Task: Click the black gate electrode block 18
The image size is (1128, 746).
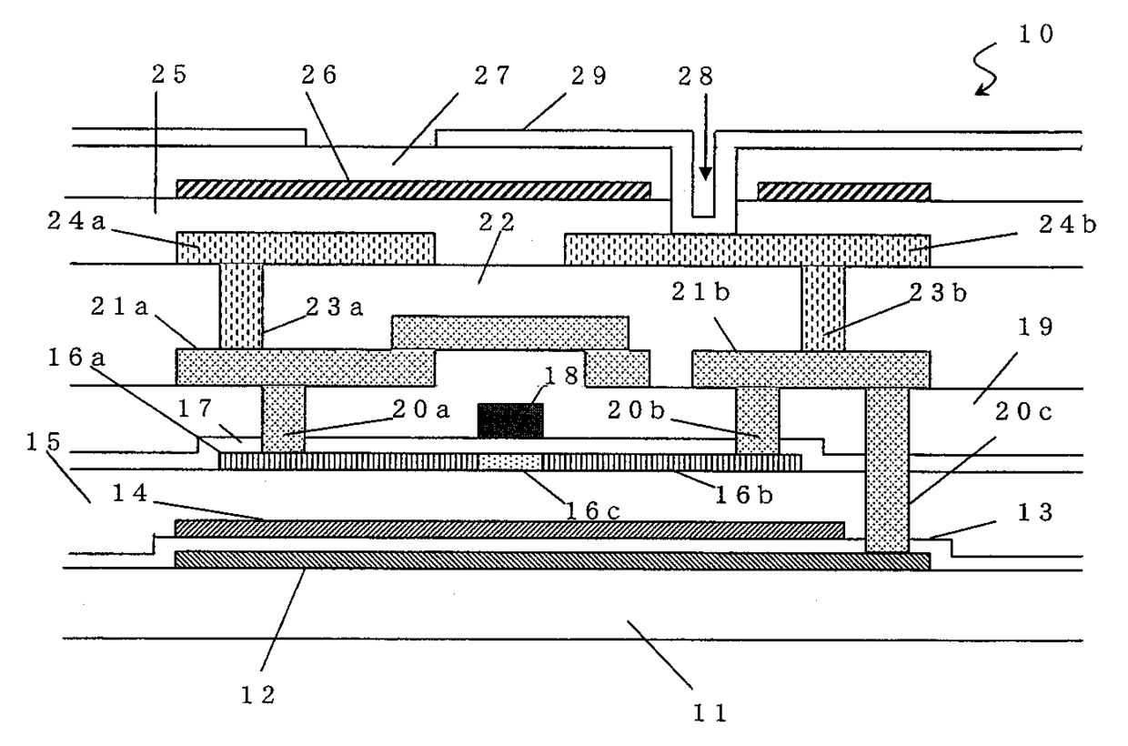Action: point(511,420)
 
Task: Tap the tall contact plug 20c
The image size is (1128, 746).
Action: point(887,469)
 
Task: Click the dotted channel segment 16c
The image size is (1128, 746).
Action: point(510,462)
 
